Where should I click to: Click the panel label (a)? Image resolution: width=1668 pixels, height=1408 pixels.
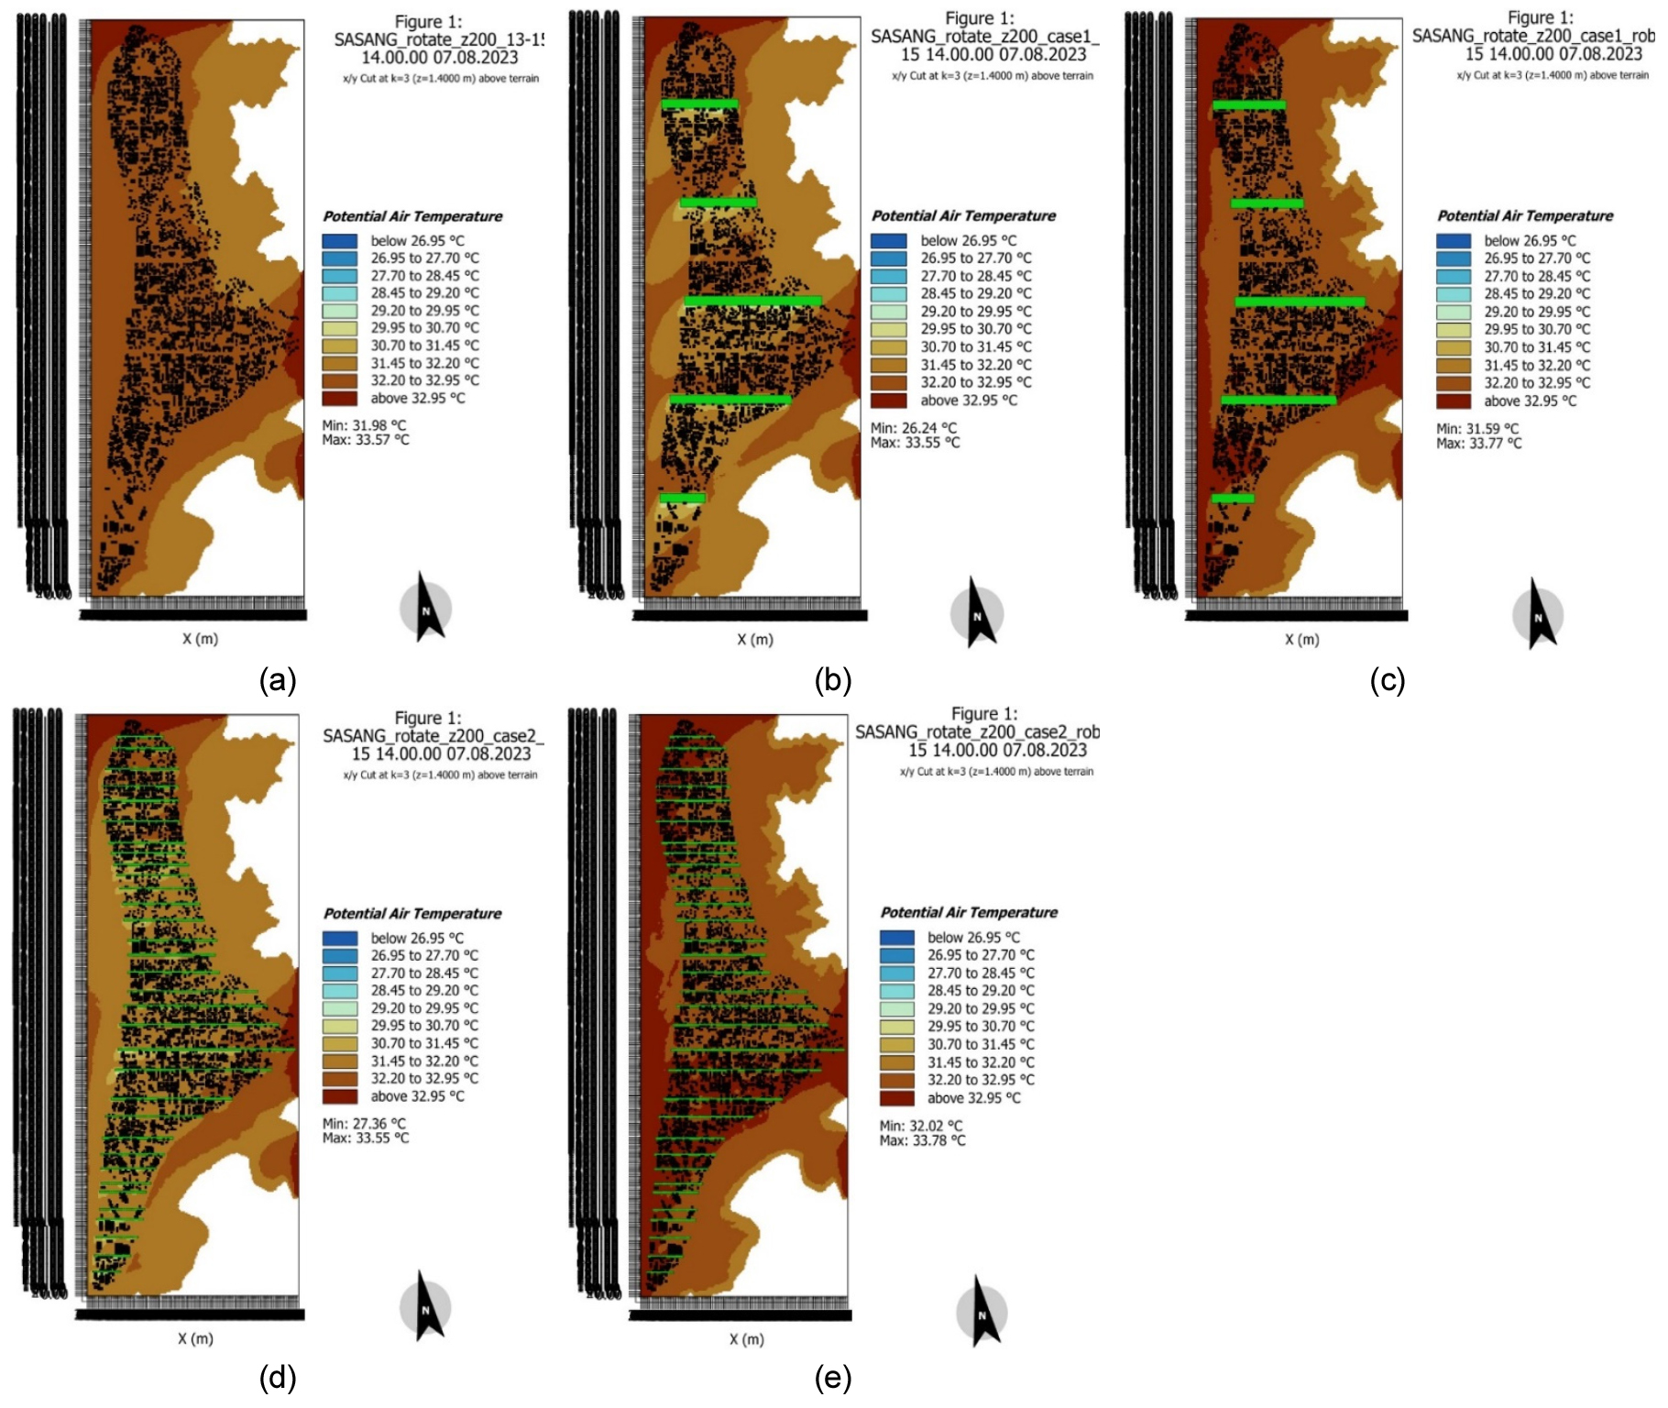pyautogui.click(x=278, y=680)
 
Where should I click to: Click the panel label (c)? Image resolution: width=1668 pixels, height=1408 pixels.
pyautogui.click(x=1387, y=680)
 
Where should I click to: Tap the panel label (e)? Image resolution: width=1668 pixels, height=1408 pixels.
pyautogui.click(x=832, y=1378)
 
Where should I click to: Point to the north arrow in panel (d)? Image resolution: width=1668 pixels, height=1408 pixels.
pyautogui.click(x=426, y=1305)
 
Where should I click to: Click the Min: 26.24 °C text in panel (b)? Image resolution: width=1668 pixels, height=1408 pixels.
pyautogui.click(x=913, y=428)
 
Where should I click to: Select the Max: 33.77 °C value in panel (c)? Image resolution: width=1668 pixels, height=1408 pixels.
pyautogui.click(x=1478, y=444)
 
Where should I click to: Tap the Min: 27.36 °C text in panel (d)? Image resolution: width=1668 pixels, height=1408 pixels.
pyautogui.click(x=364, y=1124)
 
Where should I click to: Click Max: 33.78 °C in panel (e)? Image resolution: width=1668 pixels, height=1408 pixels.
pyautogui.click(x=922, y=1141)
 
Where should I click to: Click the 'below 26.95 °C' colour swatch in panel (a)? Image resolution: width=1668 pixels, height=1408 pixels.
pyautogui.click(x=339, y=241)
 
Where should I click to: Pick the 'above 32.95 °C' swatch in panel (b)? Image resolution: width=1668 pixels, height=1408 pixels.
pyautogui.click(x=888, y=401)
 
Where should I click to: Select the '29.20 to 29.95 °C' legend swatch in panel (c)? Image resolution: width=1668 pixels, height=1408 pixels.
pyautogui.click(x=1454, y=313)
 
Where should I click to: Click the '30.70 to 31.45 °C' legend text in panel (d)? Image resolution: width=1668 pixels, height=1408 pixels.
pyautogui.click(x=424, y=1043)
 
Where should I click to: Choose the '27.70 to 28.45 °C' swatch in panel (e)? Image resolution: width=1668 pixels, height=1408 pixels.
pyautogui.click(x=896, y=973)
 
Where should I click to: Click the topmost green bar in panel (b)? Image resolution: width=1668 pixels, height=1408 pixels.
pyautogui.click(x=699, y=104)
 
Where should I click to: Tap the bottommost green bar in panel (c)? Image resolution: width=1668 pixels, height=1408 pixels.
pyautogui.click(x=1233, y=499)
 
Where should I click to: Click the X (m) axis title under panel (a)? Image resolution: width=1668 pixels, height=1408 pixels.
pyautogui.click(x=200, y=639)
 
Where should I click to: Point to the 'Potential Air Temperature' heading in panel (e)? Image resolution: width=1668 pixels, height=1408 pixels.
pyautogui.click(x=969, y=913)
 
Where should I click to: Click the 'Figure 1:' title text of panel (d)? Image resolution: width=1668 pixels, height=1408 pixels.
pyautogui.click(x=428, y=718)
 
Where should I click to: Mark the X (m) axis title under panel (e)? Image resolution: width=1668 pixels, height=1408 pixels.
pyautogui.click(x=747, y=1339)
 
